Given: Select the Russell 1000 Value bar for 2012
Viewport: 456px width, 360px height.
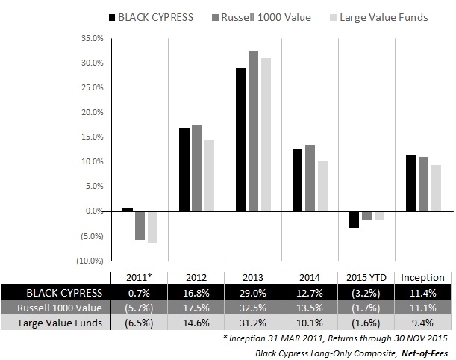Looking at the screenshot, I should (x=197, y=168).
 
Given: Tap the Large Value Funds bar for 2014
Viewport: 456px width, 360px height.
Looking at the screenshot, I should (x=302, y=186).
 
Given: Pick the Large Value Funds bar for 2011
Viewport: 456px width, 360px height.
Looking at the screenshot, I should (x=152, y=227).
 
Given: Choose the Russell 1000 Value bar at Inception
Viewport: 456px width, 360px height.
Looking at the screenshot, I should (x=424, y=184).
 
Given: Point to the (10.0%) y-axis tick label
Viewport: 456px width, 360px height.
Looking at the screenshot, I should (x=91, y=261).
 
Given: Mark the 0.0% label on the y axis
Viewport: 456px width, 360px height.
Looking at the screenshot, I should (x=94, y=211).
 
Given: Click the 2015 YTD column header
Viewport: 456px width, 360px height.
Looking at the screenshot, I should (x=367, y=276).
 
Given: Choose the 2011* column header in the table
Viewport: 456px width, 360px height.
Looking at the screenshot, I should (x=140, y=276).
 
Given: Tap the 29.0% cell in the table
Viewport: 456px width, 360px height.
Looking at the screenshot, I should (x=254, y=291).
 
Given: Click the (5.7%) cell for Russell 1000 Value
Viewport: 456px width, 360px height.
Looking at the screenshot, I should (x=140, y=306).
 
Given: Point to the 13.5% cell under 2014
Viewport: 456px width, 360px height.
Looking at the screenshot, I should (x=310, y=306).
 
